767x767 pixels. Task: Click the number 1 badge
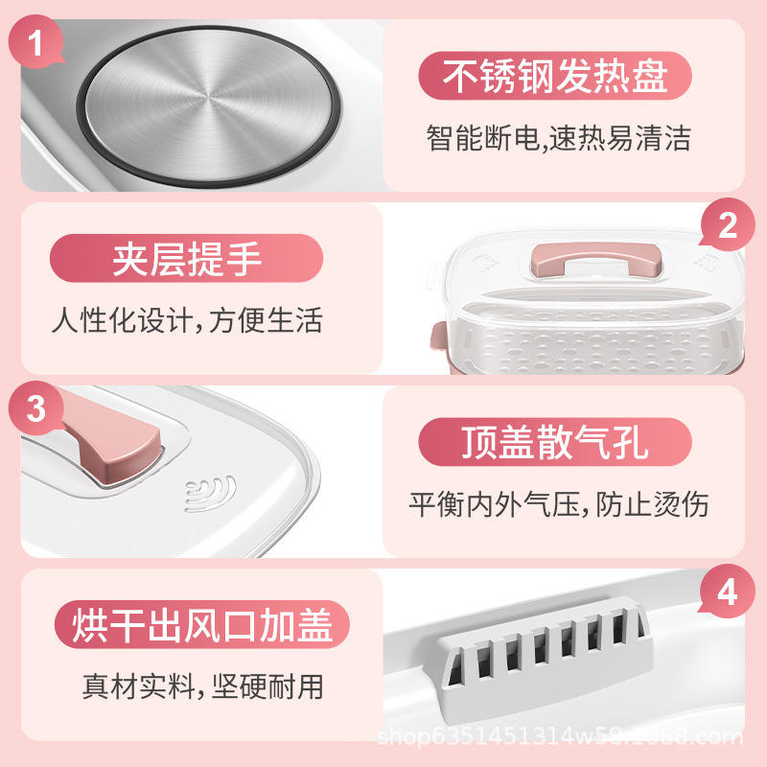[x=35, y=45]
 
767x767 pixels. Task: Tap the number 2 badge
[x=728, y=226]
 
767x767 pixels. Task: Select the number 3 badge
[x=35, y=409]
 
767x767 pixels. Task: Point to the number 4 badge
[x=728, y=593]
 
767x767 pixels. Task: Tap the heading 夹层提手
[x=187, y=260]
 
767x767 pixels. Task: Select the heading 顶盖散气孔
[x=555, y=444]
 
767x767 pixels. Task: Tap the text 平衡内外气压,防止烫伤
[x=559, y=503]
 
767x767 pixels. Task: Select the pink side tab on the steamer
[x=436, y=337]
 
